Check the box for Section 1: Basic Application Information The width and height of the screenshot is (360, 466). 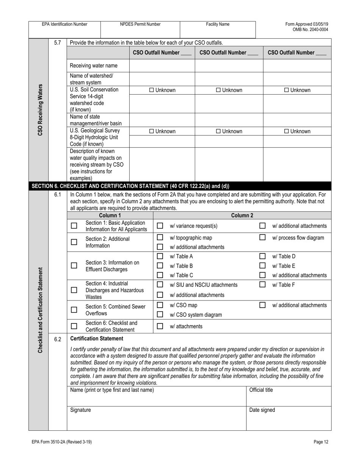pos(74,226)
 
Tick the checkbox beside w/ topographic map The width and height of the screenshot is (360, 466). pos(160,238)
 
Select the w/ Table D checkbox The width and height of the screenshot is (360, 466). pos(262,256)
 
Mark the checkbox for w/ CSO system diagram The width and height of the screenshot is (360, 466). pos(160,314)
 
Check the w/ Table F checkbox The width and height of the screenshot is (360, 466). pos(262,285)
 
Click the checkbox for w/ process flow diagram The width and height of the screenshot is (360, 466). pos(262,238)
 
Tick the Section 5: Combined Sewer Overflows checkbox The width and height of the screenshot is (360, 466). pos(74,310)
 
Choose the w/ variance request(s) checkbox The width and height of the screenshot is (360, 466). pos(160,226)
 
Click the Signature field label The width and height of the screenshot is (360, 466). pos(81,410)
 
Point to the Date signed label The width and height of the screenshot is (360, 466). pos(262,410)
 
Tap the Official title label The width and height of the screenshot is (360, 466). pos(261,390)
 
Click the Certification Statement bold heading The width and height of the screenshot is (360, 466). pos(97,338)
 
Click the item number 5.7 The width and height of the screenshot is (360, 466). pos(57,43)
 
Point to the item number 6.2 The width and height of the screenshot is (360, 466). pos(57,339)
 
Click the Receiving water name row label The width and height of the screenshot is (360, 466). pos(94,66)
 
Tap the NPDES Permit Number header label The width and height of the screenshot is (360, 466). pos(140,24)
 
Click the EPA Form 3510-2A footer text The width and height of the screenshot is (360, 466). pos(62,442)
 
